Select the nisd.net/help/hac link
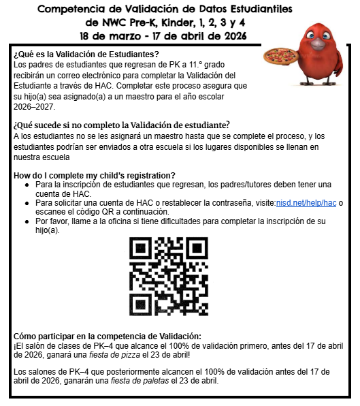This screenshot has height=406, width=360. point(306,203)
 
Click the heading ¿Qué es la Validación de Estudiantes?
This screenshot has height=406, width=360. point(86,54)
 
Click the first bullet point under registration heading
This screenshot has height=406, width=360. point(26,185)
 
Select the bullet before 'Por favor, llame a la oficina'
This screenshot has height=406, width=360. point(26,221)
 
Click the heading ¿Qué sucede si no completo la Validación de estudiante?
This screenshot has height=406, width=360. point(121,124)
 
